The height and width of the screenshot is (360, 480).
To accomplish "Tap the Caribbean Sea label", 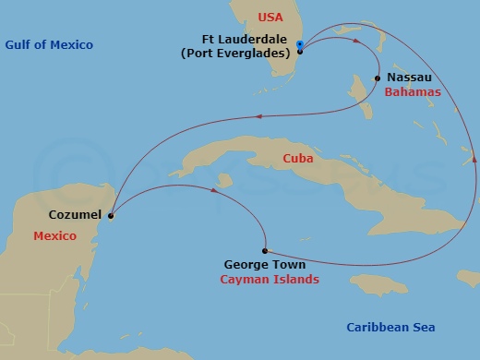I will tap(390, 327).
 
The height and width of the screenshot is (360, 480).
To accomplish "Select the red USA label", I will tap(271, 17).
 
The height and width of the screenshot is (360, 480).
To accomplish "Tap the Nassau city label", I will tap(412, 78).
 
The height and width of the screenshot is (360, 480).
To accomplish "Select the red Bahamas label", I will tap(413, 92).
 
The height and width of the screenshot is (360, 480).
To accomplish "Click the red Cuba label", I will tap(298, 159).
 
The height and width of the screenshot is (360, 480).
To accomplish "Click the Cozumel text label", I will tap(76, 217).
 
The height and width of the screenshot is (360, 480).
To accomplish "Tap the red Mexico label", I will tap(54, 236).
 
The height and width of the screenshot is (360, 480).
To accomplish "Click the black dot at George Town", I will tap(265, 250).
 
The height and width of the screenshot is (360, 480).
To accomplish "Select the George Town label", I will tap(260, 263).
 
